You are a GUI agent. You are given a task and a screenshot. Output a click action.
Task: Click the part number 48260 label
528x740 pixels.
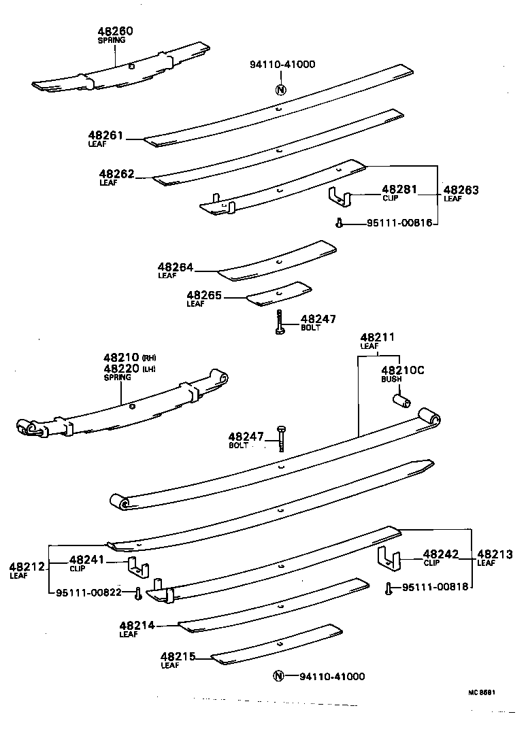pyautogui.click(x=115, y=31)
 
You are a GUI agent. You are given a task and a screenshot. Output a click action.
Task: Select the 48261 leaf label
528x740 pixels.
pyautogui.click(x=105, y=135)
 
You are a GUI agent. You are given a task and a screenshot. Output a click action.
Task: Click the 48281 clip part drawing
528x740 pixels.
pyautogui.click(x=340, y=197)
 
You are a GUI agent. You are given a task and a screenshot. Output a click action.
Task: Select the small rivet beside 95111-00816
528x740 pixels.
pyautogui.click(x=338, y=222)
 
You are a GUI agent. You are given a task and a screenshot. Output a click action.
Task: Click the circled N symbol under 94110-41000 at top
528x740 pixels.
pyautogui.click(x=281, y=89)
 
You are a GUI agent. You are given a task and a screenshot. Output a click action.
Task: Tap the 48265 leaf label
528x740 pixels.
pyautogui.click(x=203, y=295)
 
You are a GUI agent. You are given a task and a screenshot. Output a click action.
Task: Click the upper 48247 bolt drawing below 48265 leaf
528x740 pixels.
pyautogui.click(x=280, y=321)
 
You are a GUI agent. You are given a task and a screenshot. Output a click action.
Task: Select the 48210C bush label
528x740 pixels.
pyautogui.click(x=402, y=370)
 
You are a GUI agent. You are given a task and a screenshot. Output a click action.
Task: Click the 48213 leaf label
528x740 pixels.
pyautogui.click(x=494, y=554)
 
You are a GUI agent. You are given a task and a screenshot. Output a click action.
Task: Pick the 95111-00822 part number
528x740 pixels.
pyautogui.click(x=88, y=592)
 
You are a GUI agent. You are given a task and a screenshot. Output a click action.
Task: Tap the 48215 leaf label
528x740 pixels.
pyautogui.click(x=178, y=656)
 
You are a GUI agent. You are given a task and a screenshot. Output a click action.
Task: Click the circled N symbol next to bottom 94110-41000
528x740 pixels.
pyautogui.click(x=278, y=676)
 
